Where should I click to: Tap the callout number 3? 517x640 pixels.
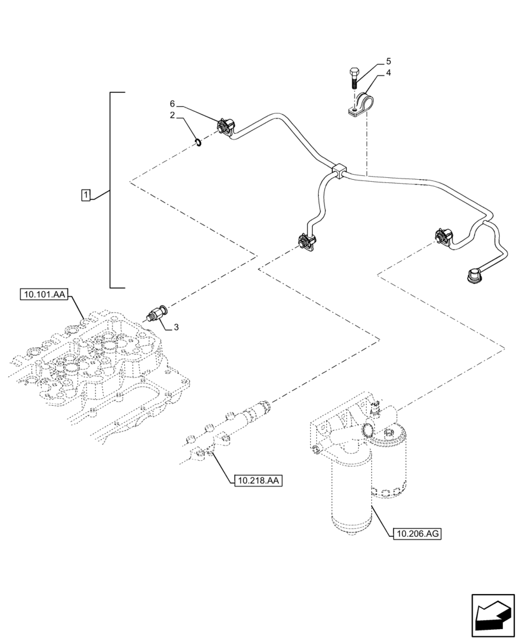176,327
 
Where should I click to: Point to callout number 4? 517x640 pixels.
388,74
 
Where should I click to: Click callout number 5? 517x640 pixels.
388,61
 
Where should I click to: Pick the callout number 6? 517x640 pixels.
172,104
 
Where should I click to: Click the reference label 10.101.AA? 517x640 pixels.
43,294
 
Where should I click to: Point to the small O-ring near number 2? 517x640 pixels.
199,142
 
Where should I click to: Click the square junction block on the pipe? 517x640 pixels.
339,170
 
